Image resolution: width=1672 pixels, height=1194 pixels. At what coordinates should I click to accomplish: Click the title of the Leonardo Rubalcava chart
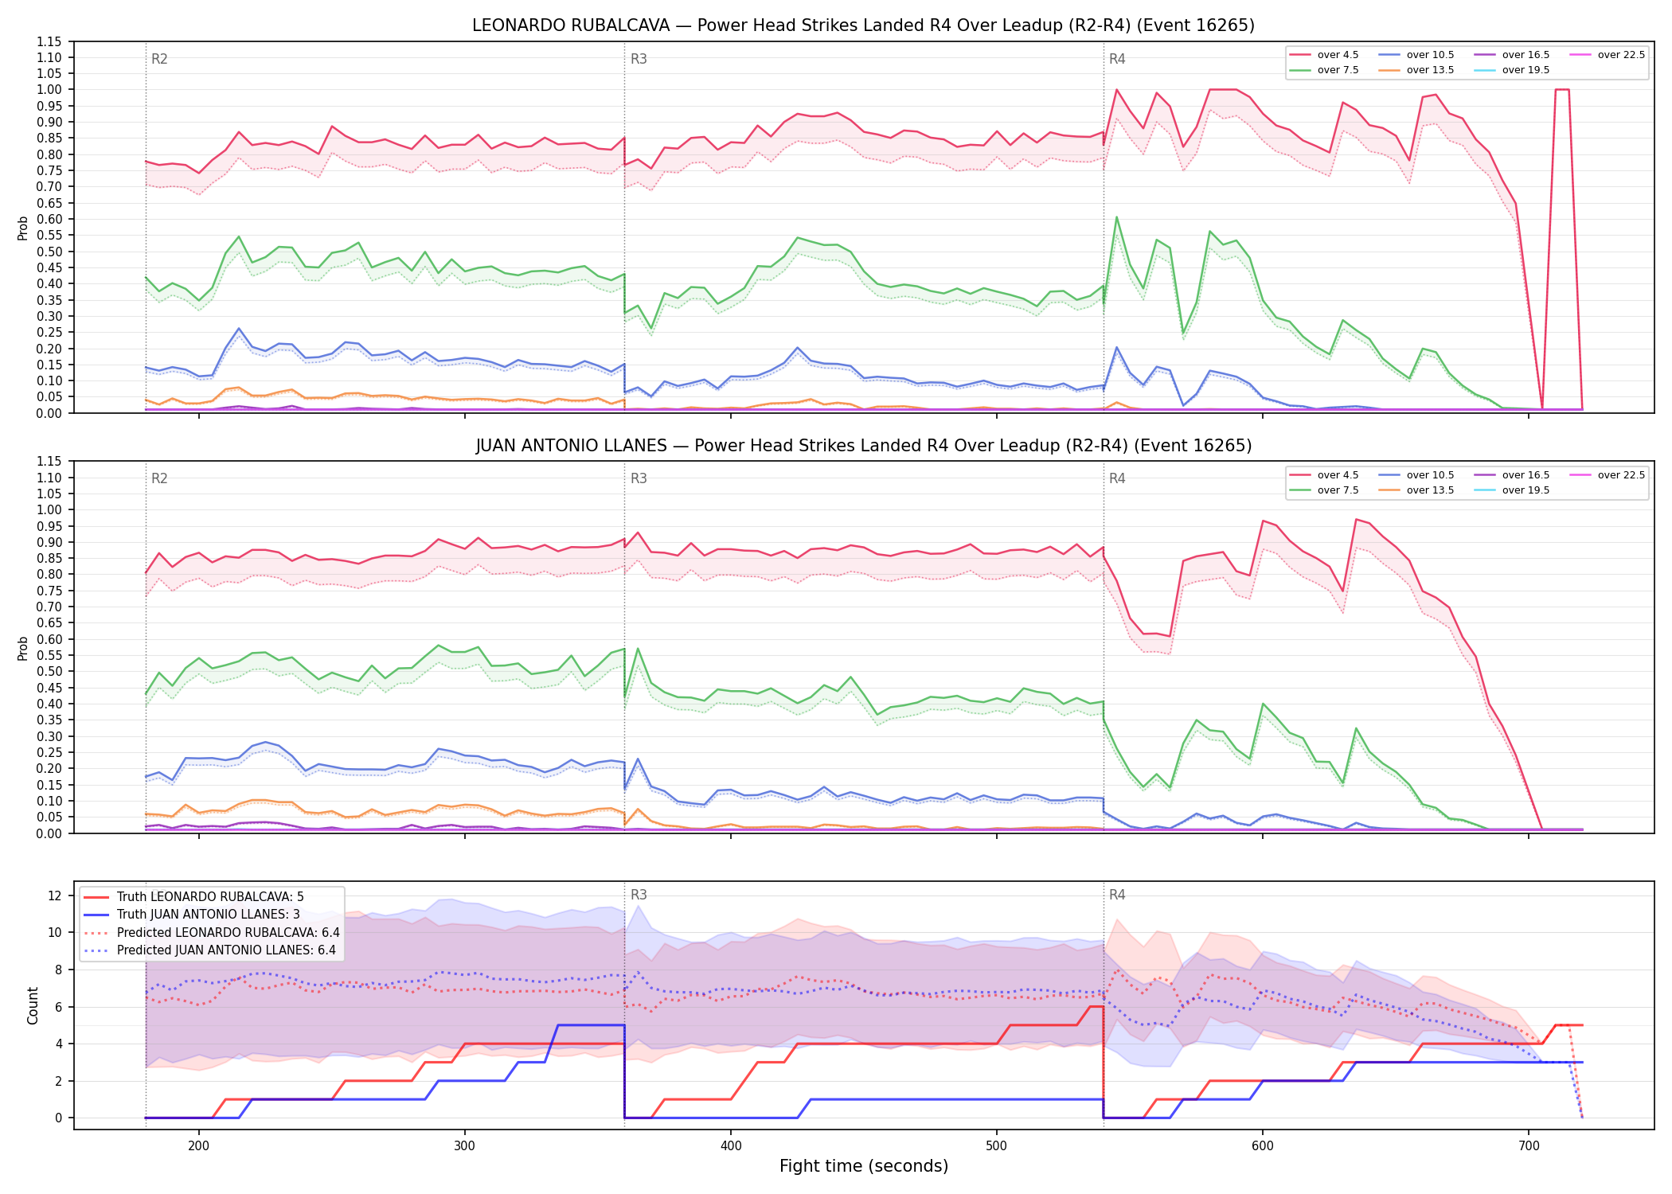coord(863,25)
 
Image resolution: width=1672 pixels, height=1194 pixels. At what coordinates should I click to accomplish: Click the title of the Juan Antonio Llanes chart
coord(863,446)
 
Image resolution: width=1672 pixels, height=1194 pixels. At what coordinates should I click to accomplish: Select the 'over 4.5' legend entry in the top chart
coord(1324,55)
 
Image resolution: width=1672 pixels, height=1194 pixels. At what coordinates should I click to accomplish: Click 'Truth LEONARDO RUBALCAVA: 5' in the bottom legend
coord(193,897)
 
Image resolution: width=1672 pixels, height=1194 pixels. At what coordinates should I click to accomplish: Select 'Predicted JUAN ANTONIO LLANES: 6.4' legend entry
coord(211,950)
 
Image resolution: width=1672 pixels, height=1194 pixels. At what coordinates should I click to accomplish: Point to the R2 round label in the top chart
coord(159,59)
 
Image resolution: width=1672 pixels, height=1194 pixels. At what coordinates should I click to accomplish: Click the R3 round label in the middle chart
coord(639,478)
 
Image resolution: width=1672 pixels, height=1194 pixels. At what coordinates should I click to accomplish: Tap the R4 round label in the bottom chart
coord(1117,895)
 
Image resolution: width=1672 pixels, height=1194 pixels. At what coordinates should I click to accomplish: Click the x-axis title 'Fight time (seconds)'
coord(864,1166)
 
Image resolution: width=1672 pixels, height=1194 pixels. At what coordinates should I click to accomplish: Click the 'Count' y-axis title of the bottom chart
coord(33,1005)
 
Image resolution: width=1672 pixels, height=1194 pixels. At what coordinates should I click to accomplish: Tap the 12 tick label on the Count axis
coord(55,895)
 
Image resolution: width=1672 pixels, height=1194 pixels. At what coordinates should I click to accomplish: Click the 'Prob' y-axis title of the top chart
coord(23,228)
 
